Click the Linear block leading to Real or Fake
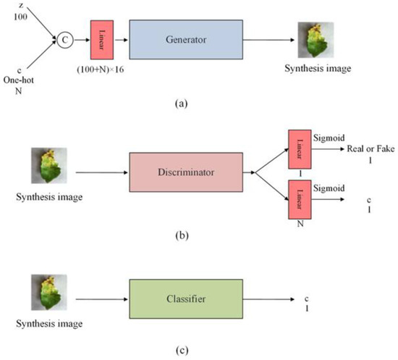tap(299, 148)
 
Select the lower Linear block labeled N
tap(299, 199)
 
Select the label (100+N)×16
tap(101, 69)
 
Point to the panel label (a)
tap(190, 102)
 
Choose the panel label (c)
tap(190, 351)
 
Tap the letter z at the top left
tap(20, 6)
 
